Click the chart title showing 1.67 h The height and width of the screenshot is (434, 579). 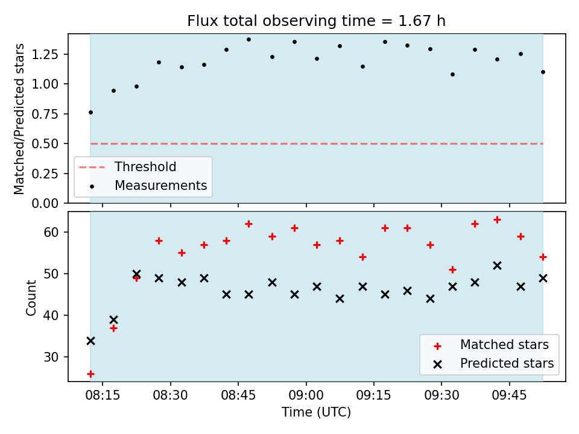317,21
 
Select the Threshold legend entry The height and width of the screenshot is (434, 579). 127,167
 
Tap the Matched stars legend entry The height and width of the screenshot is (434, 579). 491,345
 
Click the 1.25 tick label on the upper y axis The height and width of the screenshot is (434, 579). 45,54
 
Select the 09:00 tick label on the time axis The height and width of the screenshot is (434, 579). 306,395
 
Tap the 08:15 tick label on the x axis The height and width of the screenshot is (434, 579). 103,395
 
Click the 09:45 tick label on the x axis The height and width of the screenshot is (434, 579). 510,395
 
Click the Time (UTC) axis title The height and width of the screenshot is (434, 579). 317,412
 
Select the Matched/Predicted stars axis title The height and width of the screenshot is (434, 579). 19,119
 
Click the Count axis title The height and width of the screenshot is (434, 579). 31,298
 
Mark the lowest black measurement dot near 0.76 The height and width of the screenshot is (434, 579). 91,113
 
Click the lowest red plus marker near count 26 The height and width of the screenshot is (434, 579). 91,374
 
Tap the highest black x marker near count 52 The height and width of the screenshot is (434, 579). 498,266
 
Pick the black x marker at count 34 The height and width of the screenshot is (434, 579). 91,341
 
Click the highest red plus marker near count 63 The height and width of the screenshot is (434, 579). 498,220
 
